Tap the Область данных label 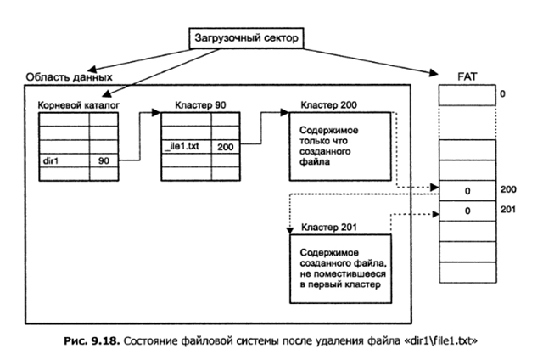coord(69,76)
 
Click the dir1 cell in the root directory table coord(64,159)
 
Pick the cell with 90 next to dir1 coord(103,159)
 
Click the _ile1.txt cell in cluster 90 coord(186,146)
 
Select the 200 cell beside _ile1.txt coord(225,146)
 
